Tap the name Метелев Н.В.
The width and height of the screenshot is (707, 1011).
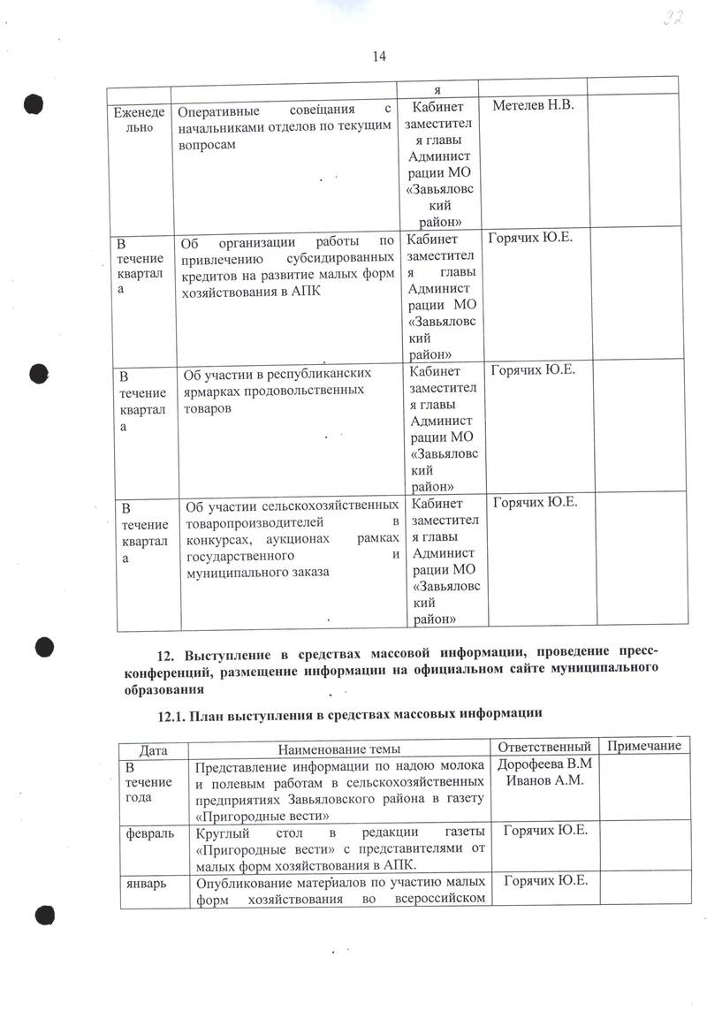[533, 106]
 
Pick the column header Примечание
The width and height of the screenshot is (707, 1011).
[644, 747]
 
